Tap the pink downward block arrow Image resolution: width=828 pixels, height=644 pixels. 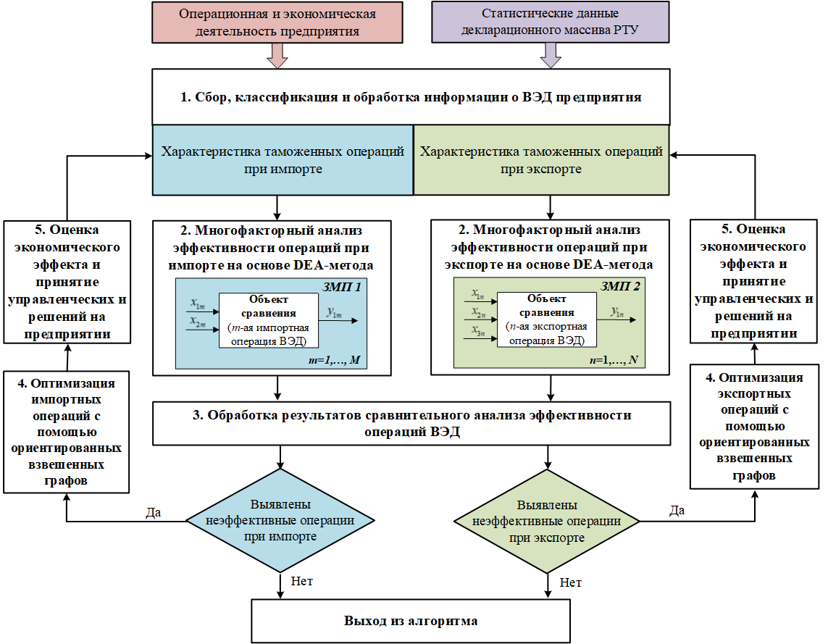point(278,55)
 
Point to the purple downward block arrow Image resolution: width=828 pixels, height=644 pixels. point(550,55)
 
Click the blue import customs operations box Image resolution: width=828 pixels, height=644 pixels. point(283,159)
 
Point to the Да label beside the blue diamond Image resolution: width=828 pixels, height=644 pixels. point(153,512)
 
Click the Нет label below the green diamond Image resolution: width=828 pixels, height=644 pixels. point(571,582)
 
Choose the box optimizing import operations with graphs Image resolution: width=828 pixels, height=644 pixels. point(66,432)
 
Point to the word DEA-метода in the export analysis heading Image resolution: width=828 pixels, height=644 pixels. point(616,264)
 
